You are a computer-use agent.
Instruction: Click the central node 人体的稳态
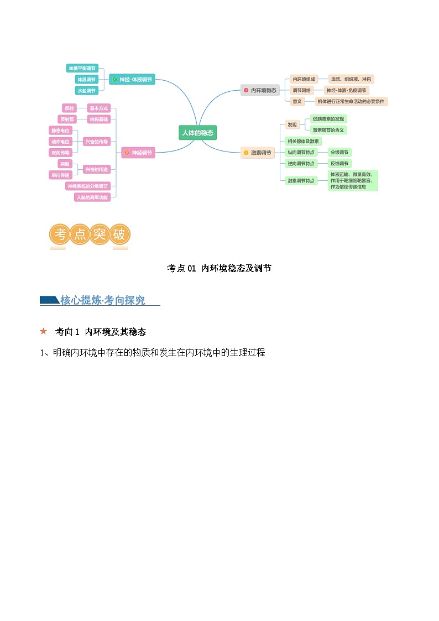198,132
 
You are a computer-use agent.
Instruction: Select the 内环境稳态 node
260,90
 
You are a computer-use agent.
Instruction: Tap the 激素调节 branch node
258,153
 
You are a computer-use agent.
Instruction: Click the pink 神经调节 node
138,153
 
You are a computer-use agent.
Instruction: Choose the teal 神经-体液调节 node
132,80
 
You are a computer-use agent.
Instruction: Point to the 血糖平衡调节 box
81,69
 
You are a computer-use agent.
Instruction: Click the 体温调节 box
86,80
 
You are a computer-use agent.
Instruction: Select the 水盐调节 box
86,90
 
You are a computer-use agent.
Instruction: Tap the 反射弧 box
69,119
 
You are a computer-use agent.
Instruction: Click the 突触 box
65,164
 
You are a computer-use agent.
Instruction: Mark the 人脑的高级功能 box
92,197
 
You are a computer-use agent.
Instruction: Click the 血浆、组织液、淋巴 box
352,79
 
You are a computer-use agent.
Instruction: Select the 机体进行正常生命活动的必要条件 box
351,101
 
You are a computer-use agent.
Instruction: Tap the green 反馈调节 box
339,164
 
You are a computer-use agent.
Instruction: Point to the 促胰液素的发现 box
328,119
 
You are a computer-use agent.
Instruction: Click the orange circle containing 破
119,234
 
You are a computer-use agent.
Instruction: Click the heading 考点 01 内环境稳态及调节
219,268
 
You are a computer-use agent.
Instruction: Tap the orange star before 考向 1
44,331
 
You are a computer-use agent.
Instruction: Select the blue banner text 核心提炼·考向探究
102,300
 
